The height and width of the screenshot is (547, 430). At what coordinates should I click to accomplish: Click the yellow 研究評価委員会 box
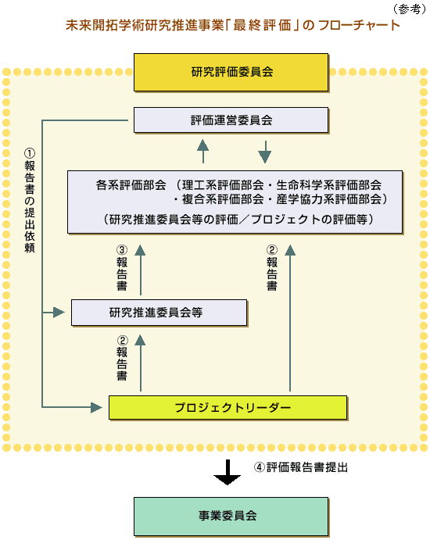[231, 73]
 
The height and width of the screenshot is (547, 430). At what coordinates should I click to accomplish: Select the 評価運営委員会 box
[231, 120]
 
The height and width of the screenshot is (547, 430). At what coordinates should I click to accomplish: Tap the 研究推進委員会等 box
[159, 313]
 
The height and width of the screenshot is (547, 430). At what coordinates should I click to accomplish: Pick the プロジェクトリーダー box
[227, 407]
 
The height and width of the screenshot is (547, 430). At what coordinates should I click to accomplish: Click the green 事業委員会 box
[228, 516]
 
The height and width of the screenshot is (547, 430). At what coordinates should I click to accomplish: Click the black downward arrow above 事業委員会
[228, 472]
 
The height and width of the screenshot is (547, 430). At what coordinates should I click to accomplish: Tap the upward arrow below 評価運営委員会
[202, 150]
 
